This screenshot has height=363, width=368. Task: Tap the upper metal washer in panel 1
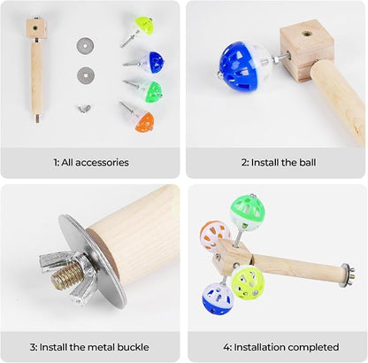[86, 44]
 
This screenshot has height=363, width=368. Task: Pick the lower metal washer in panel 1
[86, 74]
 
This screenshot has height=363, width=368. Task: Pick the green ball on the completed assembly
[247, 212]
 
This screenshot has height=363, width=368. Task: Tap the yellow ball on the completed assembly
[248, 282]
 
